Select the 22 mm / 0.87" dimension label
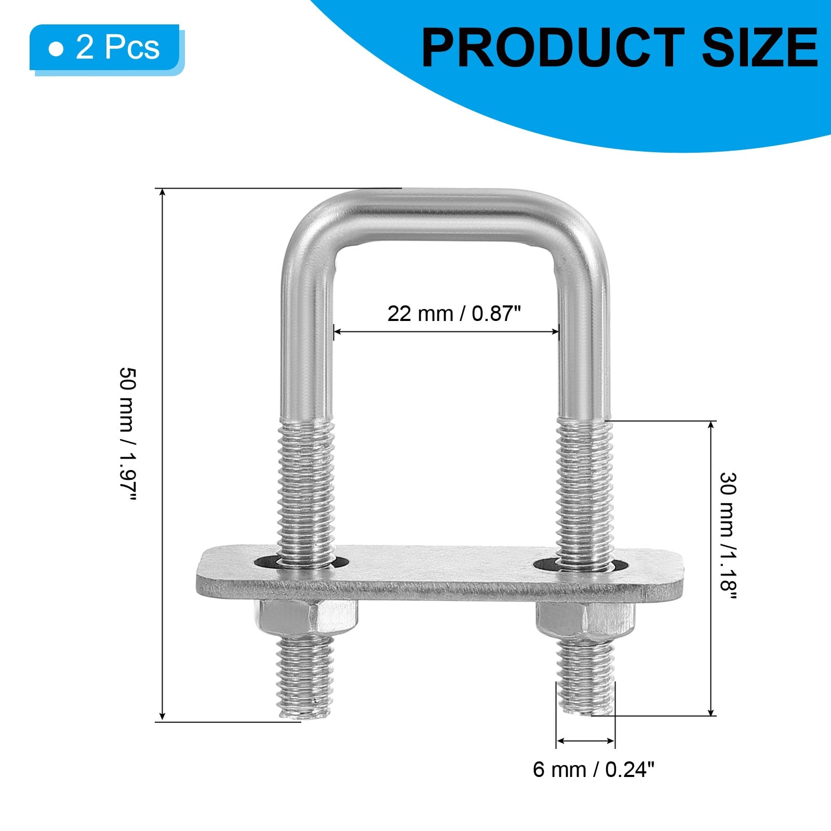[x=453, y=314]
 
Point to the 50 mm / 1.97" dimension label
[x=128, y=434]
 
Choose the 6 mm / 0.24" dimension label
[x=594, y=769]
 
